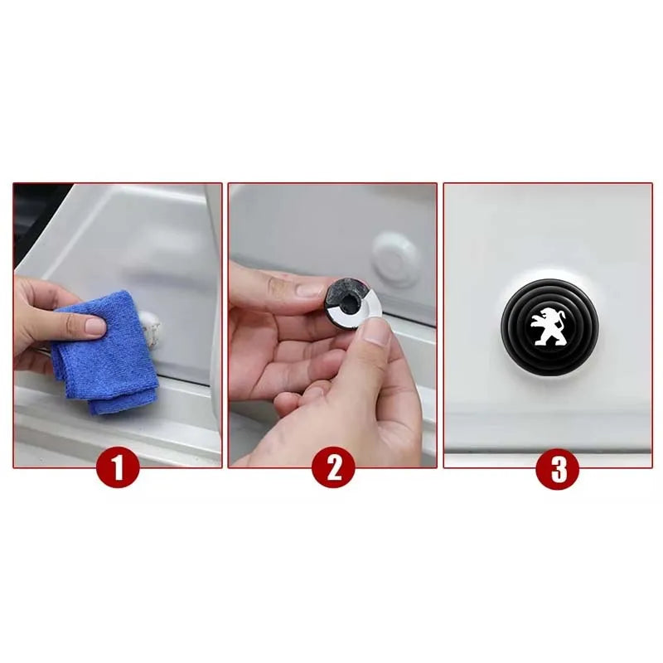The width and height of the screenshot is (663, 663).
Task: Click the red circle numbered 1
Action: click(118, 467)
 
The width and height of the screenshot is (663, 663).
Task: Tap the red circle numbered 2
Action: click(334, 467)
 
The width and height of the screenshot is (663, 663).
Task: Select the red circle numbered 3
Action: click(557, 469)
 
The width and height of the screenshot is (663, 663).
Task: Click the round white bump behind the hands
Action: click(396, 259)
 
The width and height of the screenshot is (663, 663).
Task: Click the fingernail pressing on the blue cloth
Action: click(94, 327)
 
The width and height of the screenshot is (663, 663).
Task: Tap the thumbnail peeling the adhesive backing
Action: click(377, 332)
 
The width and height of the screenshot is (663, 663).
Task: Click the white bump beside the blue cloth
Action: click(152, 328)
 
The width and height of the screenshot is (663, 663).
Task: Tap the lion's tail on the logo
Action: click(560, 322)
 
